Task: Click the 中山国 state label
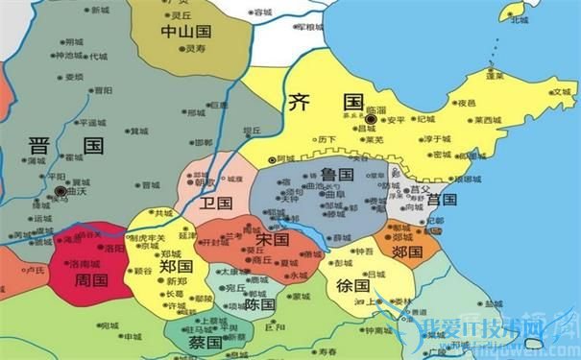pos(186,31)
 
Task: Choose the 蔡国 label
pos(205,342)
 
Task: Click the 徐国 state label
pos(354,285)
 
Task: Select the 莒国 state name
pos(441,200)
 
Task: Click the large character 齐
pos(298,101)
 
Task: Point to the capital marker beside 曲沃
pos(61,192)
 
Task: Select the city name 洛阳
pos(114,248)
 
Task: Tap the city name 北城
pos(519,18)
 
